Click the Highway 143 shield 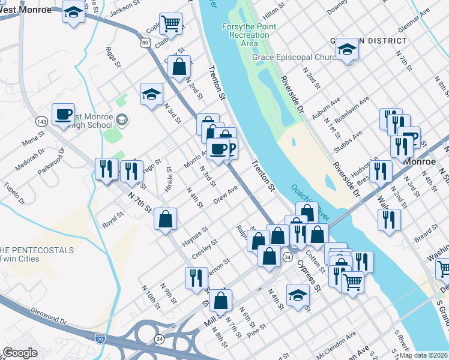click(41, 121)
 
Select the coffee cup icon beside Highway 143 click(63, 113)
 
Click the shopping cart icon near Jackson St click(171, 23)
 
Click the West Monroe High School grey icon click(122, 119)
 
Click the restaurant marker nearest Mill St click(196, 277)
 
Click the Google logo click(20, 353)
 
